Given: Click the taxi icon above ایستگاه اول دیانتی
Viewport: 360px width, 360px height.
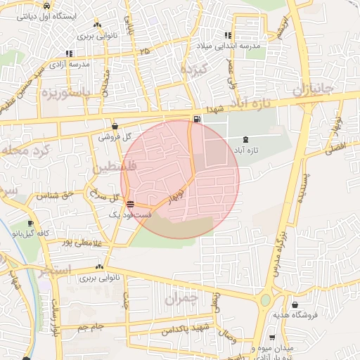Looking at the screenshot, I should [46, 6].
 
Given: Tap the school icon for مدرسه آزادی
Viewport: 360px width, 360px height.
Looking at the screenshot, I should [68, 53].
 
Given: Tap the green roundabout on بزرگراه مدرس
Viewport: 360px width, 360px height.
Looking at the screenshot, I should [265, 300].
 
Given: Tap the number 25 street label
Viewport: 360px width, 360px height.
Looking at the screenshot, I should [144, 51].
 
